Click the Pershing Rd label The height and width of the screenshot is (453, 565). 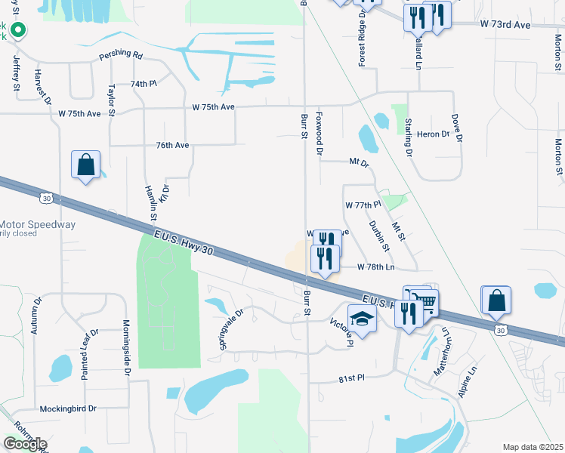tap(120, 56)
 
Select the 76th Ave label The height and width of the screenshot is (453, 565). tap(171, 144)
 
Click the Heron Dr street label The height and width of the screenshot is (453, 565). tap(433, 134)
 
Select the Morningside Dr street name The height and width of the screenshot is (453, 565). tap(127, 348)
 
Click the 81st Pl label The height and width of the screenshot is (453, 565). tap(351, 377)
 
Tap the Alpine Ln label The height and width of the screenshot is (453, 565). tap(468, 382)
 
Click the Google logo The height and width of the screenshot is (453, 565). tap(25, 444)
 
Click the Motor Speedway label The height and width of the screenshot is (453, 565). tap(38, 225)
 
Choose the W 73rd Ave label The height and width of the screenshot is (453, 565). tap(506, 24)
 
